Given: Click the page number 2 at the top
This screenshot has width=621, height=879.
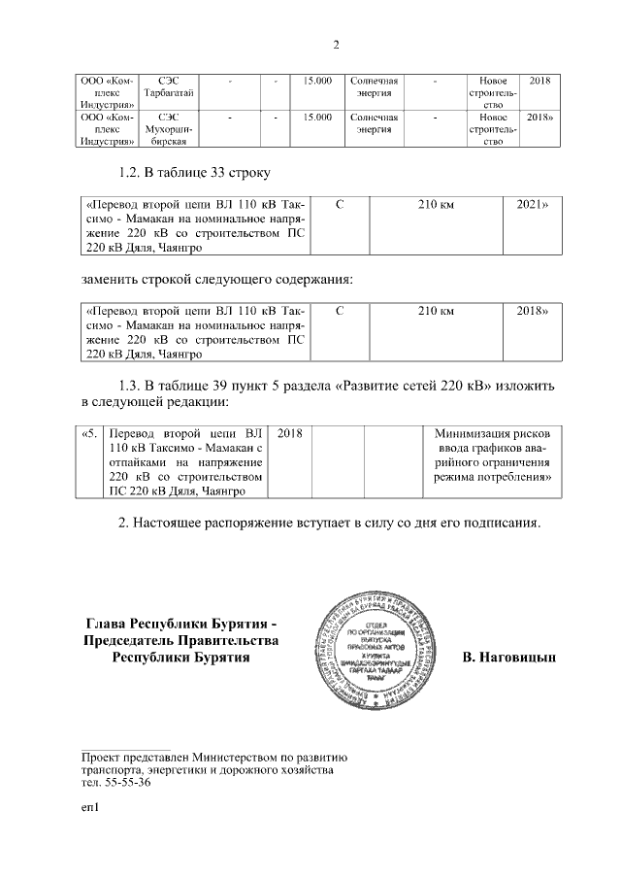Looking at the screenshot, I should (335, 45).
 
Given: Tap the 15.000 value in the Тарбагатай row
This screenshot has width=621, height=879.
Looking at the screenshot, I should (317, 79).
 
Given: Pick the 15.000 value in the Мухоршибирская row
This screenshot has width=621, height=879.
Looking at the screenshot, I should (317, 117).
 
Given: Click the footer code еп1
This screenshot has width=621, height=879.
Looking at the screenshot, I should (91, 806).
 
